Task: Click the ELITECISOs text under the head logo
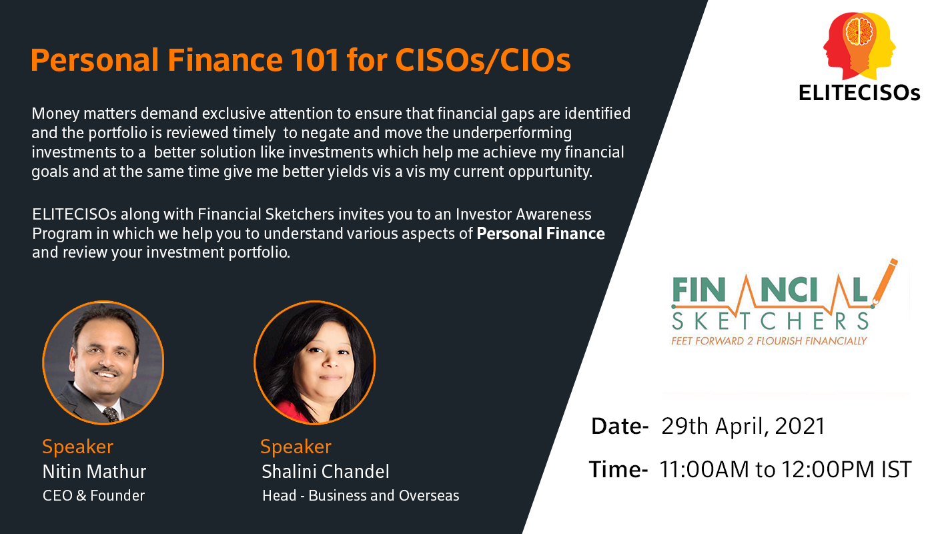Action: [x=859, y=93]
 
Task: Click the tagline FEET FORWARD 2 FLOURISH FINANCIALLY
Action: [x=769, y=341]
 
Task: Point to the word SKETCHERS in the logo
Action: [x=770, y=321]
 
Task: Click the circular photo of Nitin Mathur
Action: [x=103, y=362]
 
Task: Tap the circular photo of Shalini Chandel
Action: [x=315, y=362]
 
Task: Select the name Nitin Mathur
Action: [x=94, y=471]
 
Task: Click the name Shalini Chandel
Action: [x=326, y=471]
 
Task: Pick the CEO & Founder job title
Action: [x=93, y=495]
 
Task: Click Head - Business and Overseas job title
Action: [x=361, y=495]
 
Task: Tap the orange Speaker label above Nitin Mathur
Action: [x=77, y=447]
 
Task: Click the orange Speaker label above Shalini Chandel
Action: [x=296, y=447]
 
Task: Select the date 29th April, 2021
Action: [x=743, y=427]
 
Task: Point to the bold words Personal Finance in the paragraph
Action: [x=540, y=234]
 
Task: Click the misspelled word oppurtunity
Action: [x=550, y=172]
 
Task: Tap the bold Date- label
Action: [x=620, y=427]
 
